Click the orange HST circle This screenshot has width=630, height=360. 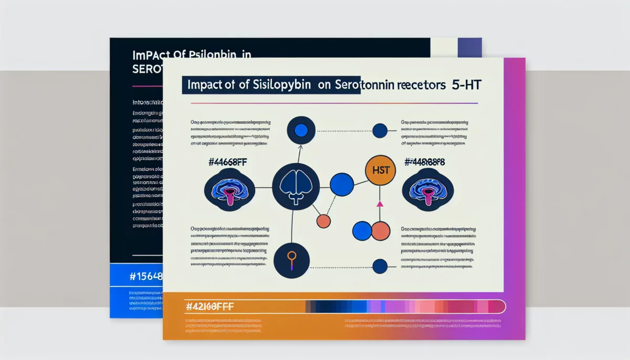click(379, 170)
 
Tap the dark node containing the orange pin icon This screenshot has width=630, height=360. click(291, 260)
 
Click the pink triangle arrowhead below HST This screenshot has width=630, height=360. click(380, 203)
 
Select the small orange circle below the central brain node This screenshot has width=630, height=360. click(324, 221)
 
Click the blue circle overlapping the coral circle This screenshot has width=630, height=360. click(362, 231)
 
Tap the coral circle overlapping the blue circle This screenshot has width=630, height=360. click(381, 231)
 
